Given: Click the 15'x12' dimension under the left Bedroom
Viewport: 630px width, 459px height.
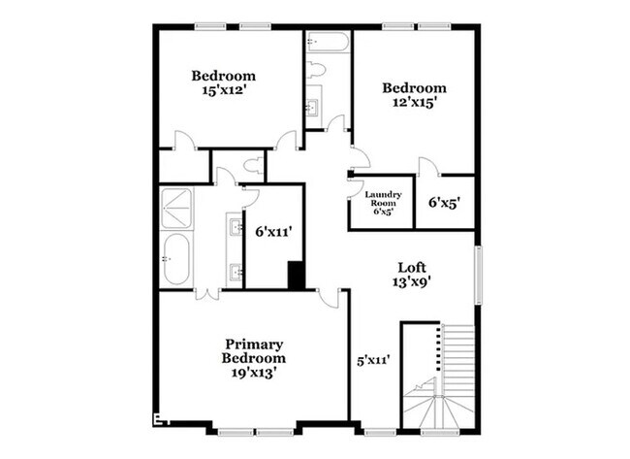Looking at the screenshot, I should tap(223, 91).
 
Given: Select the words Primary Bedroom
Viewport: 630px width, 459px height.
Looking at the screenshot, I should tap(254, 351).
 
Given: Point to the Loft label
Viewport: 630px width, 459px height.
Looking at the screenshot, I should tap(413, 267).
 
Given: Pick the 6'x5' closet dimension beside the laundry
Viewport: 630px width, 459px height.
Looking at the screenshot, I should tap(445, 203).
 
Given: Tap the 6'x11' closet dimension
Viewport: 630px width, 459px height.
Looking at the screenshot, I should tap(273, 232).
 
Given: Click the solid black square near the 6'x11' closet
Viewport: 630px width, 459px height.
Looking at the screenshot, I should tap(297, 276).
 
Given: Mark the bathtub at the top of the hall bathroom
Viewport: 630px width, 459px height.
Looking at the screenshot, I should tap(328, 44).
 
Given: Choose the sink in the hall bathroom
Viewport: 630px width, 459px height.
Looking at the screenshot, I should tap(312, 108).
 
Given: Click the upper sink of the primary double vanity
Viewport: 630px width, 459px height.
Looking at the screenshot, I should tap(236, 229).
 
